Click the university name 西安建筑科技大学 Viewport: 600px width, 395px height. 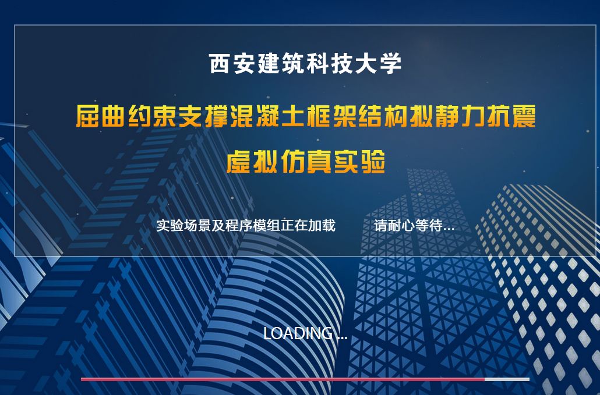tap(305, 63)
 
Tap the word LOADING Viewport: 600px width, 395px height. tap(298, 333)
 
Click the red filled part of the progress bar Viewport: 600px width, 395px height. tap(283, 379)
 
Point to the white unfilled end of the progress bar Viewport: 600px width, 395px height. tap(507, 379)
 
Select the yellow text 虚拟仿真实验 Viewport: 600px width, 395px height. tap(306, 162)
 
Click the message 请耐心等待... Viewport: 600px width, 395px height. tap(414, 225)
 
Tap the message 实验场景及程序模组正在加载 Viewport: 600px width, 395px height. tap(246, 225)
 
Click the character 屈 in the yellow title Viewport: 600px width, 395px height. tap(88, 116)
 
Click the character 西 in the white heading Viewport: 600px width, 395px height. tap(220, 63)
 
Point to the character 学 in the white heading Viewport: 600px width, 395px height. tap(391, 63)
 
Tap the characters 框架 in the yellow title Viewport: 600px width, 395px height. tap(332, 116)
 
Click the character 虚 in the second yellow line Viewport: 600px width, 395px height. tap(239, 162)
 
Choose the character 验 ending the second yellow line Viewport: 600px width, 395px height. tap(373, 162)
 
